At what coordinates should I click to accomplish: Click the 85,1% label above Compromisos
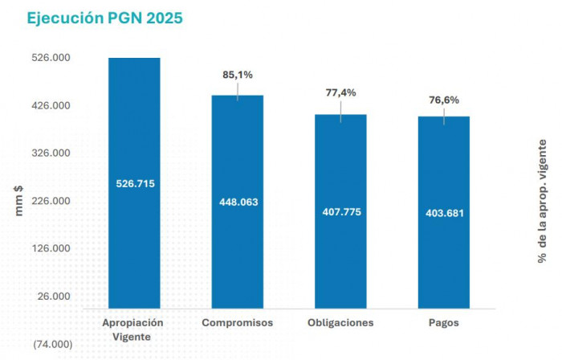pos(238,75)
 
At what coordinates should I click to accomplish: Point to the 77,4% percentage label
pos(340,93)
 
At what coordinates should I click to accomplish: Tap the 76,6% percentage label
pos(444,100)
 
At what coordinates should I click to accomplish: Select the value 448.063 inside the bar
pos(238,202)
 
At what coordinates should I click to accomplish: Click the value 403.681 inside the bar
pos(444,213)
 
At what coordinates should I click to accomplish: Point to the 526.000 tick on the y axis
pos(53,59)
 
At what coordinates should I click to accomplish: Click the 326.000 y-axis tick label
pos(53,153)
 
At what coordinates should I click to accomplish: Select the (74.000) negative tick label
pos(53,344)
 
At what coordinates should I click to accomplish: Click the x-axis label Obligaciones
pos(340,323)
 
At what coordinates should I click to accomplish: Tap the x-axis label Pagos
pos(444,323)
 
